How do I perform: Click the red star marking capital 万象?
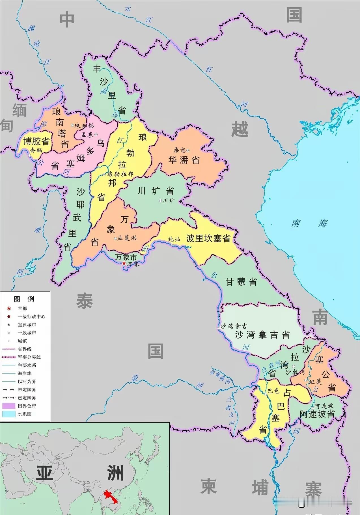[124, 263]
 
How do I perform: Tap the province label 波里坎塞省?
[208, 238]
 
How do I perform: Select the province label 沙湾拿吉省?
[263, 335]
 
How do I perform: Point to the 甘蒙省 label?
[241, 282]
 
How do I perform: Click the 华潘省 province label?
[184, 160]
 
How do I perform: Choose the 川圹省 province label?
[155, 191]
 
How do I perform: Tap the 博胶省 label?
[36, 141]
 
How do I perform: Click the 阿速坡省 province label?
[317, 414]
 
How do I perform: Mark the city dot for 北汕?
[172, 244]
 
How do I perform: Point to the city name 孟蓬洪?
[127, 238]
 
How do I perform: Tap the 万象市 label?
[126, 257]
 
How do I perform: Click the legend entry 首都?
[22, 308]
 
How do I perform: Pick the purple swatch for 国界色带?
[8, 406]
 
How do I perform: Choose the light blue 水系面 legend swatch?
[8, 414]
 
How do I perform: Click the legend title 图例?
[24, 299]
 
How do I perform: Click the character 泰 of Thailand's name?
[84, 301]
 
